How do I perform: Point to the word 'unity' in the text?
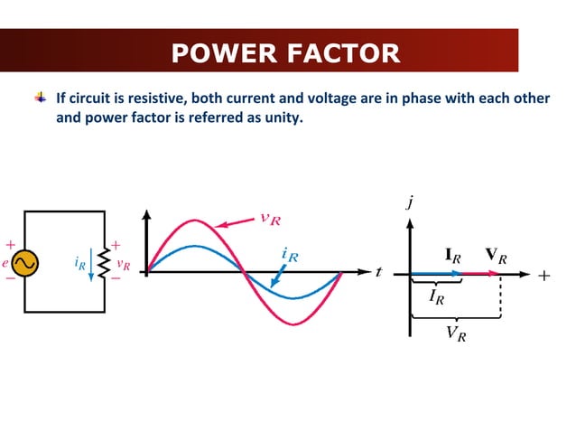coord(274,117)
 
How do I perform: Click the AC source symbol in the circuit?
coord(23,263)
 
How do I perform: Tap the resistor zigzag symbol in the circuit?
coord(105,261)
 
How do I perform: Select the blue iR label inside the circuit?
coord(80,265)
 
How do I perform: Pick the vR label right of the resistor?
coord(124,265)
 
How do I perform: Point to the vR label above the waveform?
coord(269,217)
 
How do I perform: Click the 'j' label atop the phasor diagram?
coord(410,202)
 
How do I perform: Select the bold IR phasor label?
coord(453,256)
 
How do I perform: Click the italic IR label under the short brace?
coord(436,296)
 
